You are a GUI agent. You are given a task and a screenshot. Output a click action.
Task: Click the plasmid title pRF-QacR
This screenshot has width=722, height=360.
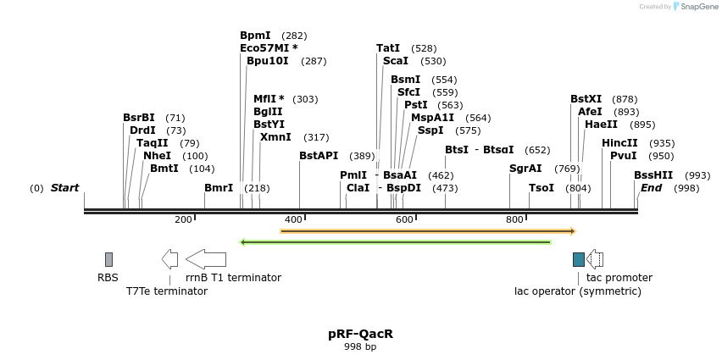tap(360, 334)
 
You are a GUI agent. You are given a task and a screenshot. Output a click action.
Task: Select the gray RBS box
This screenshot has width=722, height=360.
tap(108, 259)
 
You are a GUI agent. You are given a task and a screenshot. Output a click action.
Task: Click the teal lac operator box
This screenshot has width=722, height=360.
tap(578, 259)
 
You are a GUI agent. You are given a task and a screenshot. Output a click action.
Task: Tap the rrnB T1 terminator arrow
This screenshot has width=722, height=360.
tap(206, 259)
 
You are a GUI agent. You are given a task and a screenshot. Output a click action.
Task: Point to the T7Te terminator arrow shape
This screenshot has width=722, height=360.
tap(169, 259)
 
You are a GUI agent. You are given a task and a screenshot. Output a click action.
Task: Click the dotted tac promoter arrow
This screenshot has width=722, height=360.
tap(595, 259)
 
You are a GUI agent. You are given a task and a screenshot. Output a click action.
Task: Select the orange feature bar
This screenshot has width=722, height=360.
tap(428, 230)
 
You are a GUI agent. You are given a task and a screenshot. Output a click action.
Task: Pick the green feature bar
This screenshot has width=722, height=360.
tap(396, 242)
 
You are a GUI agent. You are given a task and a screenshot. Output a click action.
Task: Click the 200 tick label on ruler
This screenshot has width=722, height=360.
tap(183, 220)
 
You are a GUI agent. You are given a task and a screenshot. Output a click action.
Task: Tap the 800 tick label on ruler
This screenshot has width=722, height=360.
tap(514, 220)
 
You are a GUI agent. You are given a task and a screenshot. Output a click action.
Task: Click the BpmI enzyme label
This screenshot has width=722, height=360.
tap(255, 36)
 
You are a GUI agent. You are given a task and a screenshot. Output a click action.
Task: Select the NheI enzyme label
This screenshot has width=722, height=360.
tap(157, 156)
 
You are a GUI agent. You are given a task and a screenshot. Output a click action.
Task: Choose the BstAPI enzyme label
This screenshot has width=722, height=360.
tap(319, 156)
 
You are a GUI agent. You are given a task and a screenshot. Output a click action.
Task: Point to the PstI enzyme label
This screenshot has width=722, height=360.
tap(415, 105)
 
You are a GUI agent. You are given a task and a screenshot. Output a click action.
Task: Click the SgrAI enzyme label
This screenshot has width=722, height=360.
tap(525, 169)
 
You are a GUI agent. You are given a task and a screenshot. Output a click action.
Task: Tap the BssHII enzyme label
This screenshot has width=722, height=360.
tap(653, 175)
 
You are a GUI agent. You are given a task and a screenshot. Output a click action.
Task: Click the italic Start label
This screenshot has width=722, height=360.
tap(64, 188)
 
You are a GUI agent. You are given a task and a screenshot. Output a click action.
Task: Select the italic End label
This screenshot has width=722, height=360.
tap(651, 188)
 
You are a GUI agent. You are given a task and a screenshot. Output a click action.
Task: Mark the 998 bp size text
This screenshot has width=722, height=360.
tap(360, 346)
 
